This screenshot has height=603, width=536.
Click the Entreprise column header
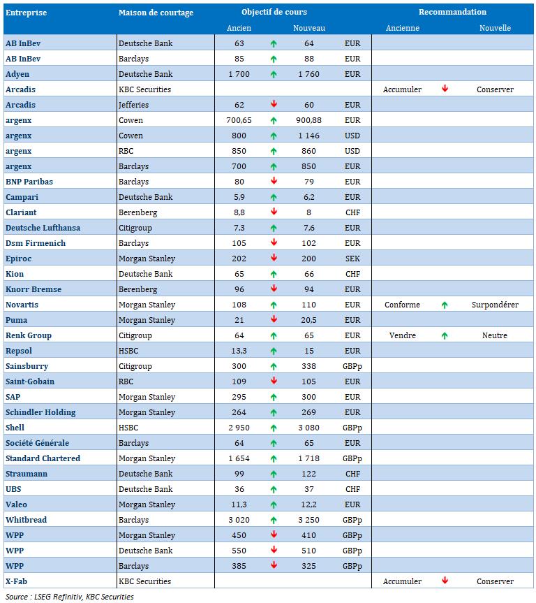point(26,13)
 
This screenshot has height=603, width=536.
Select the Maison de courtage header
point(156,13)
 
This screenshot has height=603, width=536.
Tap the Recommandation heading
point(452,12)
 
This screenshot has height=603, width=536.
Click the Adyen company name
point(17,74)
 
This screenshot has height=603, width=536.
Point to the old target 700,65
point(239,120)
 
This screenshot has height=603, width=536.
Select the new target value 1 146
point(309,136)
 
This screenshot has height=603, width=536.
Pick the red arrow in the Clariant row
point(274,212)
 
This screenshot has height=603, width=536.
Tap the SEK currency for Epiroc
point(352,259)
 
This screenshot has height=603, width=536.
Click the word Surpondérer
point(495,305)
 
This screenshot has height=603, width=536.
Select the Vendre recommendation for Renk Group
point(403,335)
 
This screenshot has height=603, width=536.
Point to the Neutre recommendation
point(495,335)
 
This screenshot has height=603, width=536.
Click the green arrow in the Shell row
point(274,428)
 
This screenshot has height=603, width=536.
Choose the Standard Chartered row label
point(43,458)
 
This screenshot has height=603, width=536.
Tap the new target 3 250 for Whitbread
point(309,520)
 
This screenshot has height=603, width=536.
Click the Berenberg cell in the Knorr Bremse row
point(137,289)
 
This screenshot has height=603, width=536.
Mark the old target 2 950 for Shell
point(239,428)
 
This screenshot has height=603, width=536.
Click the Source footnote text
point(69,597)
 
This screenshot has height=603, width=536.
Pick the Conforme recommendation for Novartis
point(403,305)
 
